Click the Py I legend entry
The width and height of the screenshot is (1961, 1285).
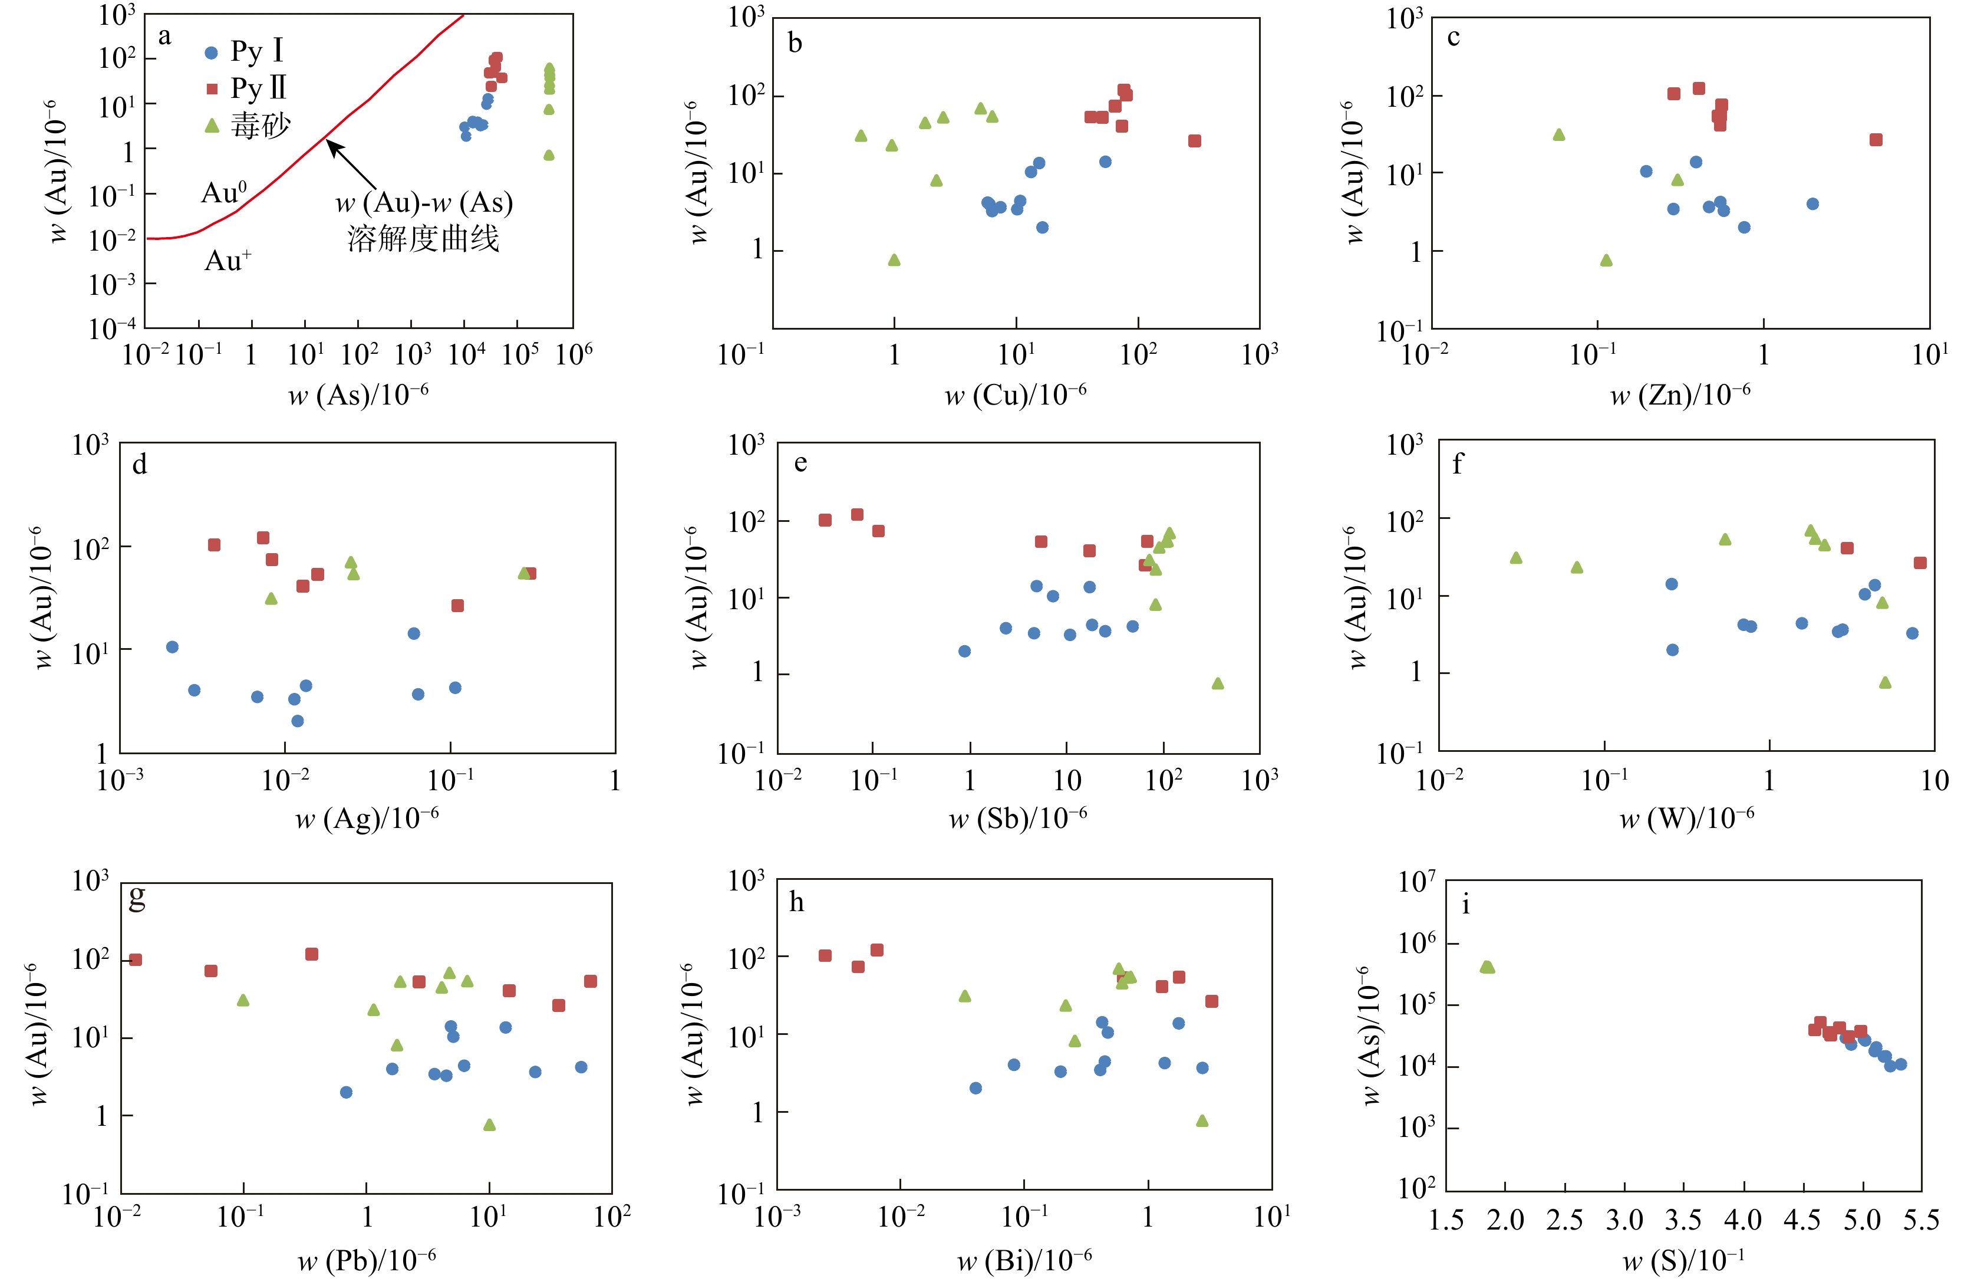tap(244, 51)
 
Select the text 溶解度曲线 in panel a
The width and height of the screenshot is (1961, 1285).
tap(423, 239)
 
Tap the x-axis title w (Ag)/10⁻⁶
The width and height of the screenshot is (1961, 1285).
tap(367, 818)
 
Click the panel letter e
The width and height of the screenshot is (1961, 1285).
tap(800, 464)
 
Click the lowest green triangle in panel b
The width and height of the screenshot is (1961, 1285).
tap(894, 261)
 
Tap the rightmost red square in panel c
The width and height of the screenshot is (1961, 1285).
tap(1876, 139)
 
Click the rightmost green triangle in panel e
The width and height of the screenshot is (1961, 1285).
tap(1218, 683)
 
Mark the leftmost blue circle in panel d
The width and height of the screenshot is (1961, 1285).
tap(172, 647)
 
